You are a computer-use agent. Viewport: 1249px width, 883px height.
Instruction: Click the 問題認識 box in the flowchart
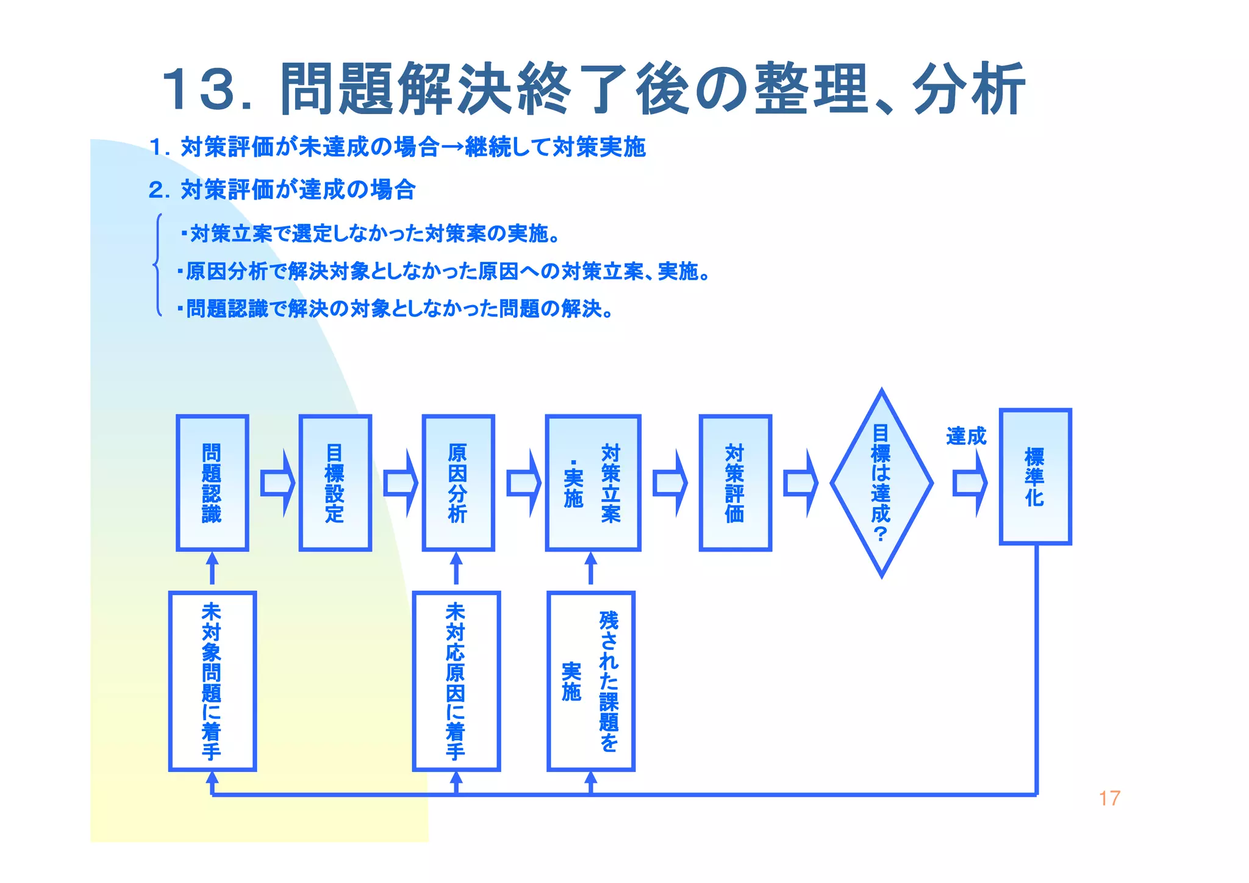(212, 483)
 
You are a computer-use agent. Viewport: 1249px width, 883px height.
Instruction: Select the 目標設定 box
(335, 483)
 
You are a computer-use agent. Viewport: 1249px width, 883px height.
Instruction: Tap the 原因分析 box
(458, 483)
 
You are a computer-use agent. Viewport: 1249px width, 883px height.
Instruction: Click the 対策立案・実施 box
(593, 483)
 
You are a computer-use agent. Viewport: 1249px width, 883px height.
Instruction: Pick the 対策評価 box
(735, 483)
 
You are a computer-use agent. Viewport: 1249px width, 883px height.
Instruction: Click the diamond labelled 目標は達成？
(881, 483)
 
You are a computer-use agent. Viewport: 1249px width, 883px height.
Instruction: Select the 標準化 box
(1035, 477)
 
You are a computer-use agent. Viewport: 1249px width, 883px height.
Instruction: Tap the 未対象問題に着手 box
(212, 681)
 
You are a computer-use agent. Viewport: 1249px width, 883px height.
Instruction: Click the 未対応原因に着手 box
(456, 681)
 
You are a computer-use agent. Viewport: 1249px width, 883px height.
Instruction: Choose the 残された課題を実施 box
(590, 681)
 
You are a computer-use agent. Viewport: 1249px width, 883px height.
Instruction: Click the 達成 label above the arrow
(966, 436)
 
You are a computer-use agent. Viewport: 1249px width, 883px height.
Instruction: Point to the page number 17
(1109, 798)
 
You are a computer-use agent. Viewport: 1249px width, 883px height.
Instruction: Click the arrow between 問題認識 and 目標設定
(277, 483)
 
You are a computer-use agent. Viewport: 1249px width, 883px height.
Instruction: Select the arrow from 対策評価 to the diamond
(800, 483)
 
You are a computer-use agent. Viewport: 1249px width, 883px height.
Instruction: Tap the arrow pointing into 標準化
(970, 483)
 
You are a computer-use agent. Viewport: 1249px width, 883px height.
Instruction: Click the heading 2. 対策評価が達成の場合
(282, 190)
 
